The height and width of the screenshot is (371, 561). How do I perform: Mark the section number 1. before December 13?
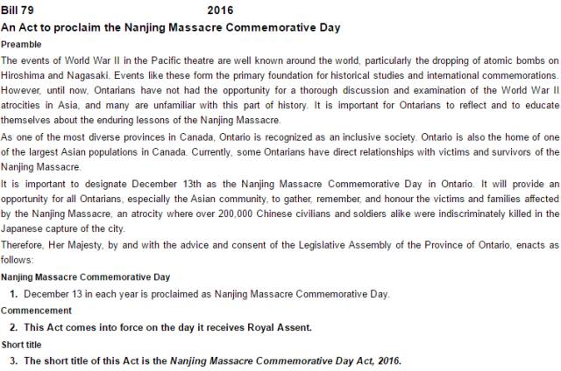coord(14,293)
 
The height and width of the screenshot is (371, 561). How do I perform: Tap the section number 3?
coord(14,360)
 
